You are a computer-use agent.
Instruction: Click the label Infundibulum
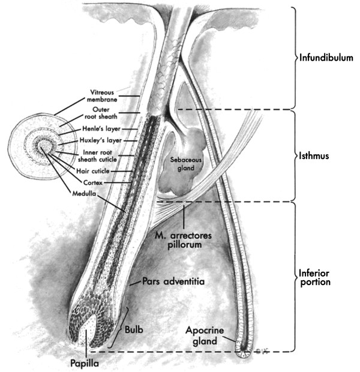tap(329, 59)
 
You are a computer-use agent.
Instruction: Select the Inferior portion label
tap(314, 276)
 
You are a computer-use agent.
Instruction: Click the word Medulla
tap(83, 193)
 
